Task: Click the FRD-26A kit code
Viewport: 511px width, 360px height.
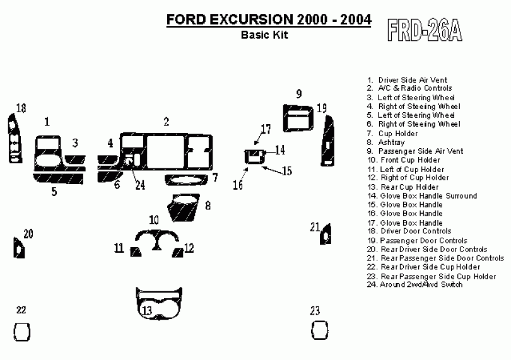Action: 425,30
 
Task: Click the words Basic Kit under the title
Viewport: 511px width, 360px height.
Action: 264,35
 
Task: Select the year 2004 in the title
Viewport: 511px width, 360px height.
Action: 356,19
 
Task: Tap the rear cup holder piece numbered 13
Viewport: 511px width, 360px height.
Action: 159,304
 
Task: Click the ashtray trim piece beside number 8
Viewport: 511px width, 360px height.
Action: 183,208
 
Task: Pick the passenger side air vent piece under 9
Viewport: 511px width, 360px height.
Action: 298,118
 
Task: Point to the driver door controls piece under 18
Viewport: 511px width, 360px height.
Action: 15,139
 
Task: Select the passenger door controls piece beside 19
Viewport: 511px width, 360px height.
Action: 327,141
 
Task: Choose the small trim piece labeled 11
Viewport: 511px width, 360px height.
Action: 136,252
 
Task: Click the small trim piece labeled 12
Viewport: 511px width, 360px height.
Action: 178,252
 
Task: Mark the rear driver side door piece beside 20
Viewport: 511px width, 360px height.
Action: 18,248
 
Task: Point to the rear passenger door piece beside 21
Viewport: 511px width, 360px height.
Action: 326,235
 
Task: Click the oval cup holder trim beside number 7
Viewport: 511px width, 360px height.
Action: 186,180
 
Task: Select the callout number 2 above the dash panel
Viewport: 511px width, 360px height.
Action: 166,122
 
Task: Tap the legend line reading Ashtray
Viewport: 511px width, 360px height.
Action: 386,142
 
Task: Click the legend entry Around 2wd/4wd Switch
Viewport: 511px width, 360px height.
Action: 414,284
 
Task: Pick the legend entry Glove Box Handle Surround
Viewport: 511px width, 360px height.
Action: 422,196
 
